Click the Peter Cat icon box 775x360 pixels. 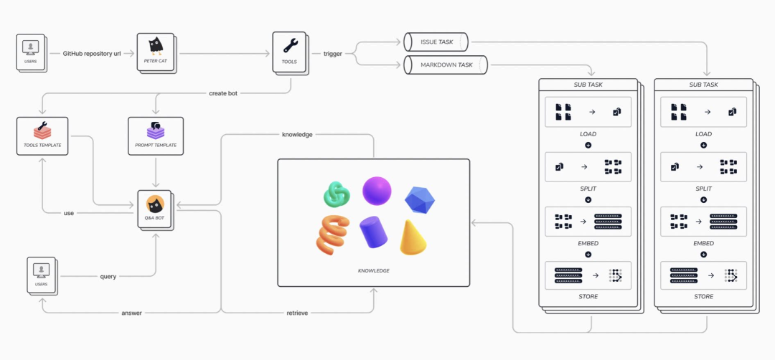point(155,52)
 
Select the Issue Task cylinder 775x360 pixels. point(436,42)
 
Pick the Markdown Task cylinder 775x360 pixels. point(445,65)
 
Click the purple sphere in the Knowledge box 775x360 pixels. point(377,191)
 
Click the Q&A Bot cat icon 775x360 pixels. point(154,204)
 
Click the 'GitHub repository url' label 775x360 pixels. point(90,53)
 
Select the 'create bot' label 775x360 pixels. point(222,93)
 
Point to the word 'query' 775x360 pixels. point(108,276)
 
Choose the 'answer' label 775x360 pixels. point(131,313)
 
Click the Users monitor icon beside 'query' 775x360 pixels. point(41,270)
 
